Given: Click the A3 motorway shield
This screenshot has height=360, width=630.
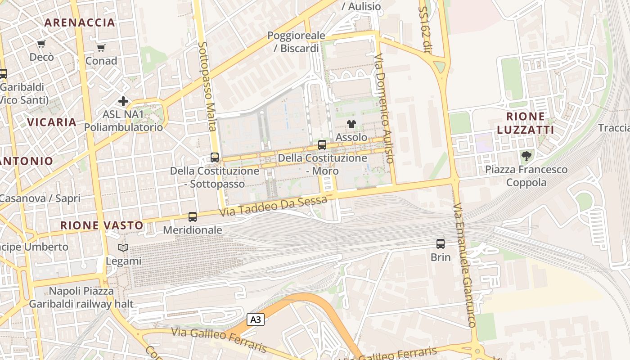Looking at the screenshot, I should tap(255, 320).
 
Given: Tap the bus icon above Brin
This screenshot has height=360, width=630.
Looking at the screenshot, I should tap(441, 244).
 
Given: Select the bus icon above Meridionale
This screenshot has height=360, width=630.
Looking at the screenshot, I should tap(193, 217).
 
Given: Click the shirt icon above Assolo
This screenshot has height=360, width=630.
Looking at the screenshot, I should tap(351, 124).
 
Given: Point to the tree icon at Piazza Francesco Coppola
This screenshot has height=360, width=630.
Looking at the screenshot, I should tap(526, 157).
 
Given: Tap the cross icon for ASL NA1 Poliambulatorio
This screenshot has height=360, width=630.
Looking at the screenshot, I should tap(123, 101).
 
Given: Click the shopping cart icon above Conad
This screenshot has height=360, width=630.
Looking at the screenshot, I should tap(101, 48).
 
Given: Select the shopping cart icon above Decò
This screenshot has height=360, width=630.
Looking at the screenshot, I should tap(41, 44).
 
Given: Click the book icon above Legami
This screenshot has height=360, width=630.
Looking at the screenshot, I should tap(123, 247).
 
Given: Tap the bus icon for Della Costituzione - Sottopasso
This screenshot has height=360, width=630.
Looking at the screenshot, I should tap(215, 157).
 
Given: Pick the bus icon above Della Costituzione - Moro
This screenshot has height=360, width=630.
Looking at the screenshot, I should tap(322, 145).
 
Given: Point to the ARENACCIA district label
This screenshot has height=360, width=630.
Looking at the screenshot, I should tap(80, 22).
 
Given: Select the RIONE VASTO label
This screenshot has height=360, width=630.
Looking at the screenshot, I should tap(102, 225).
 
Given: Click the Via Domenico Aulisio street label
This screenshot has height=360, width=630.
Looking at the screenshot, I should tap(385, 108).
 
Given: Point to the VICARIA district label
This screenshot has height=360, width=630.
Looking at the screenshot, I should tap(52, 122).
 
